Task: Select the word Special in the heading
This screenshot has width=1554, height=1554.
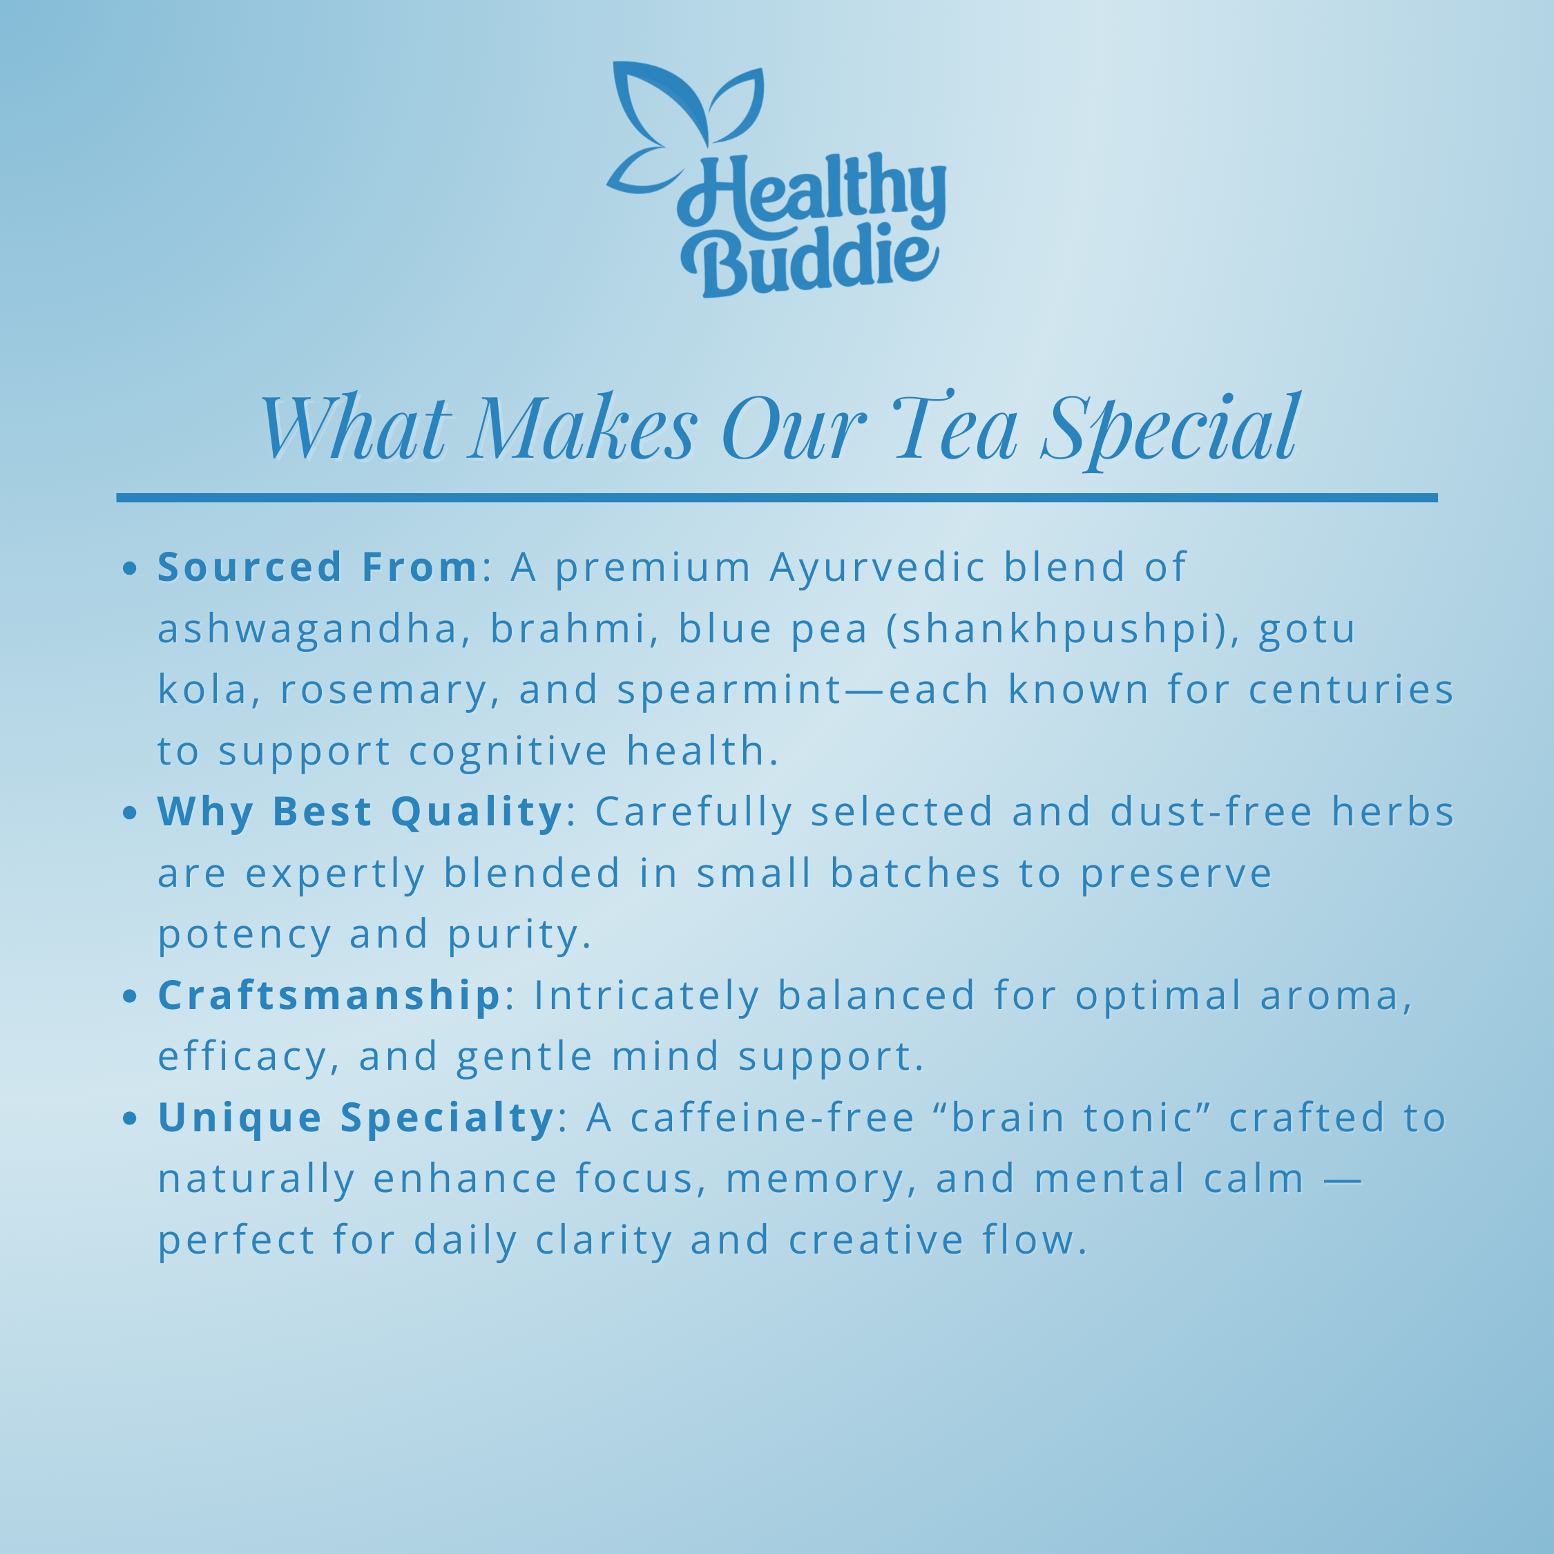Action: tap(1170, 429)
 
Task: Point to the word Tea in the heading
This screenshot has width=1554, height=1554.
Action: tap(955, 426)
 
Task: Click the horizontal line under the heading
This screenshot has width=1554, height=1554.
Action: tap(777, 498)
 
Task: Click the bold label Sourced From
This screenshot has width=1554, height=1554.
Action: tap(318, 567)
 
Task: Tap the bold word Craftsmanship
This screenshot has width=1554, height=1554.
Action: tap(329, 996)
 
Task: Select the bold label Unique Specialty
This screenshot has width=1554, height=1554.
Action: tap(356, 1118)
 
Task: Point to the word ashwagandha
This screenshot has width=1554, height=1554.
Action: tap(308, 630)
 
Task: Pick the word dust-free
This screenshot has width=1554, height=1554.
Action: tap(1211, 812)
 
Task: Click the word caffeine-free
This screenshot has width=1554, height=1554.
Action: tap(773, 1118)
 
